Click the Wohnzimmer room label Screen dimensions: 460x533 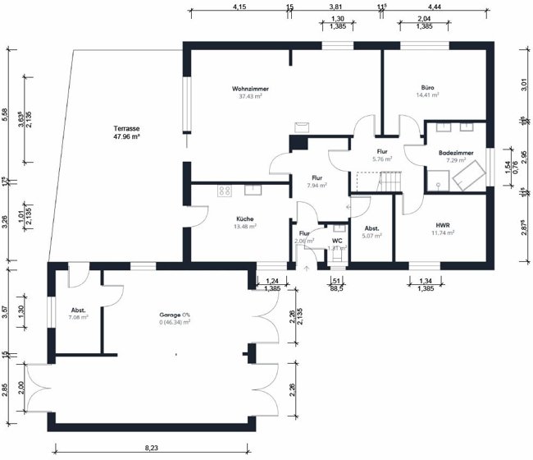[250, 88]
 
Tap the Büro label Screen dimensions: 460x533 [427, 87]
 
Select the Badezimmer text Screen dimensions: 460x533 [455, 153]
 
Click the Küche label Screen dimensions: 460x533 [244, 218]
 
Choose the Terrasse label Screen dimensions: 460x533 [126, 129]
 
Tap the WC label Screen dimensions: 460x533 [336, 240]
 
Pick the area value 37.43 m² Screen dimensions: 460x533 [250, 96]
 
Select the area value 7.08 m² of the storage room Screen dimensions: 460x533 [78, 316]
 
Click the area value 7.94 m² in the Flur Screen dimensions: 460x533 [317, 186]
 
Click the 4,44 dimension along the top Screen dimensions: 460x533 [435, 6]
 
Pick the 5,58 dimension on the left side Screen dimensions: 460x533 [7, 113]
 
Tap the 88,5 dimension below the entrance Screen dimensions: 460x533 [335, 288]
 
